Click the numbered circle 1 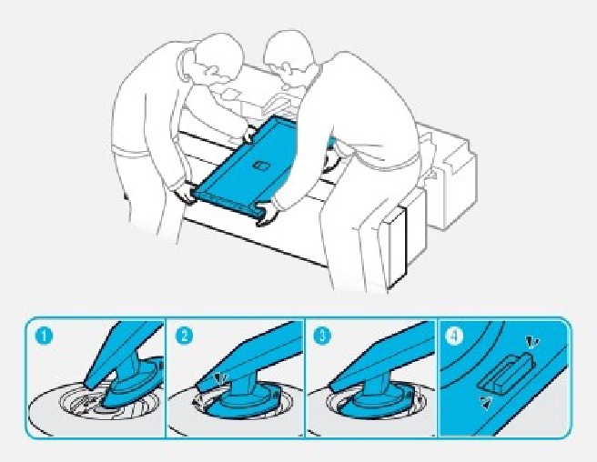tap(46, 336)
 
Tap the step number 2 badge tap(184, 336)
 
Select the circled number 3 tap(323, 336)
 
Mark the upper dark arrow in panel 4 tap(531, 342)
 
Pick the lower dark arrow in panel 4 tap(488, 403)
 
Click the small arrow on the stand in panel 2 tap(221, 378)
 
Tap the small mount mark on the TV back tap(261, 166)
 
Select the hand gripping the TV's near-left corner tap(187, 193)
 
